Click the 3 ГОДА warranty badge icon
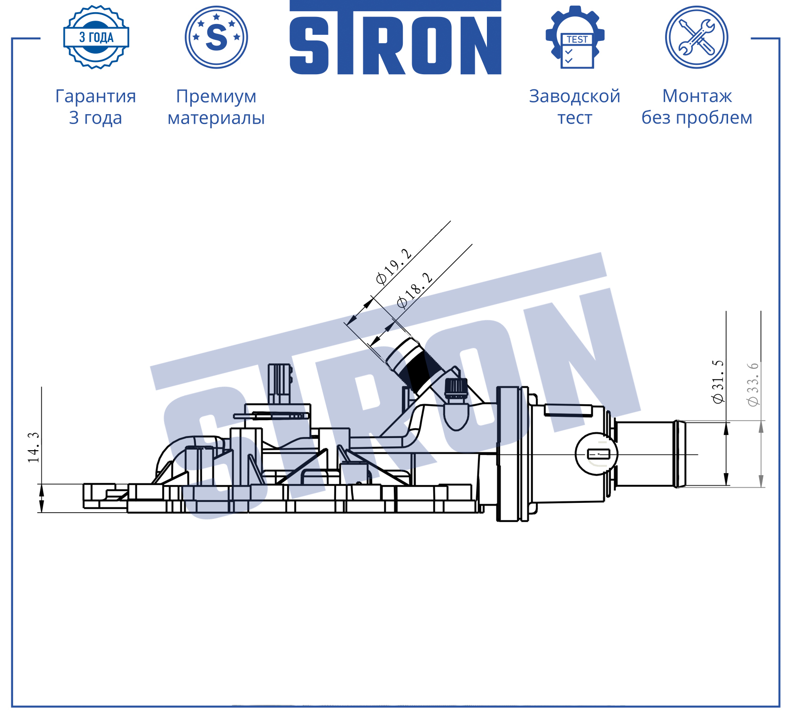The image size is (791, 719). pos(96,37)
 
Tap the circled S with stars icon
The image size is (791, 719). pos(216,37)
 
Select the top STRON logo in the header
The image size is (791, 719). pos(395,38)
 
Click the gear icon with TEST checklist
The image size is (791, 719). pos(575,37)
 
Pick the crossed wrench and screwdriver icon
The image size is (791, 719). pos(697,37)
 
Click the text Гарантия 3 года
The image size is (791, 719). pos(96,107)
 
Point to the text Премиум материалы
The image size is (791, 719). pos(216,107)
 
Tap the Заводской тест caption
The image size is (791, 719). pos(575,107)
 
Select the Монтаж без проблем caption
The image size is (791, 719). pos(697,107)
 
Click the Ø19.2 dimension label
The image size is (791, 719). pos(394,266)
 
